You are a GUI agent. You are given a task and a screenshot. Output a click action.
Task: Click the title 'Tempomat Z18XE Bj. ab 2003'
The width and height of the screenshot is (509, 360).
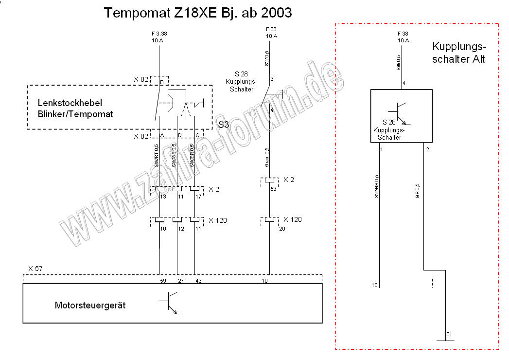pos(198,13)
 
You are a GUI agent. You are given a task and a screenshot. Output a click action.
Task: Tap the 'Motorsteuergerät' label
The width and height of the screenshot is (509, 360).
pos(90,306)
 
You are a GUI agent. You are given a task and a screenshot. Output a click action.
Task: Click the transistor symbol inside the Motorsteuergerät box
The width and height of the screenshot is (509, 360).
pos(170,303)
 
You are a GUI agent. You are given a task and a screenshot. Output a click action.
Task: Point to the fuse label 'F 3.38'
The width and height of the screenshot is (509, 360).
pos(159,34)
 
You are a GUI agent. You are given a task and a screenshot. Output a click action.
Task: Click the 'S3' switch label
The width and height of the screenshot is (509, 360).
pos(224,125)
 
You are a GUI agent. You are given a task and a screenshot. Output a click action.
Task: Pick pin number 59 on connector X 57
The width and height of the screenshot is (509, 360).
pos(163,281)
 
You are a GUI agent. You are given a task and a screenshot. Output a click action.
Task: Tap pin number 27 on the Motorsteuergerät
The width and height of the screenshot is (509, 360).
pos(180,281)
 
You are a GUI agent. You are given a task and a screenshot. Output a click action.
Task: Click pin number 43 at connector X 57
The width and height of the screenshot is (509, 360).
pos(198,281)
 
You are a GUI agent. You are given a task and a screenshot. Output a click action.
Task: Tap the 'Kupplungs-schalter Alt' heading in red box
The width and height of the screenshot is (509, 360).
pos(458,53)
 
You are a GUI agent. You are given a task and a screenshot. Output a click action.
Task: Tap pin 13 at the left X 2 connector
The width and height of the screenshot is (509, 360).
pos(163,196)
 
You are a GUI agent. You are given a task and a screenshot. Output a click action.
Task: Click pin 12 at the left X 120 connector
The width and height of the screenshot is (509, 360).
pos(180,228)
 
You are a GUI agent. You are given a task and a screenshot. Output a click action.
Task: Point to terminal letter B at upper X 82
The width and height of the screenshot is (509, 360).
pos(161,83)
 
